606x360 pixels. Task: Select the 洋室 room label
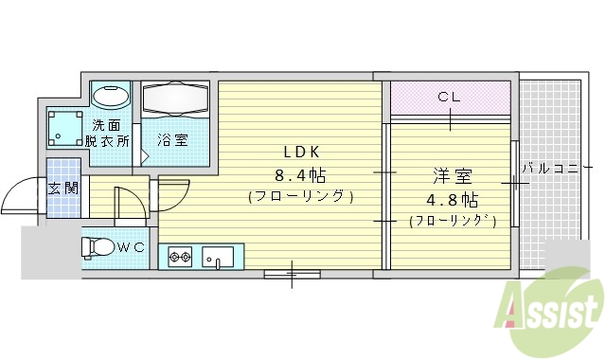point(453,177)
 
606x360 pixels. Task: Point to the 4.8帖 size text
point(454,200)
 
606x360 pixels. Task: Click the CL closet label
point(450,96)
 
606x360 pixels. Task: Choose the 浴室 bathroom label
point(172,140)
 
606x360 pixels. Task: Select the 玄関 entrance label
point(63,187)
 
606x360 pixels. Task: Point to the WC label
point(133,247)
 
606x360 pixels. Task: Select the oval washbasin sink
point(111,97)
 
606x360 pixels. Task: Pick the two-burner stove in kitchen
point(180,255)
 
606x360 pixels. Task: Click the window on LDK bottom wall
point(291,275)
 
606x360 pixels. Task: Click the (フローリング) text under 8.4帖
point(301,197)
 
